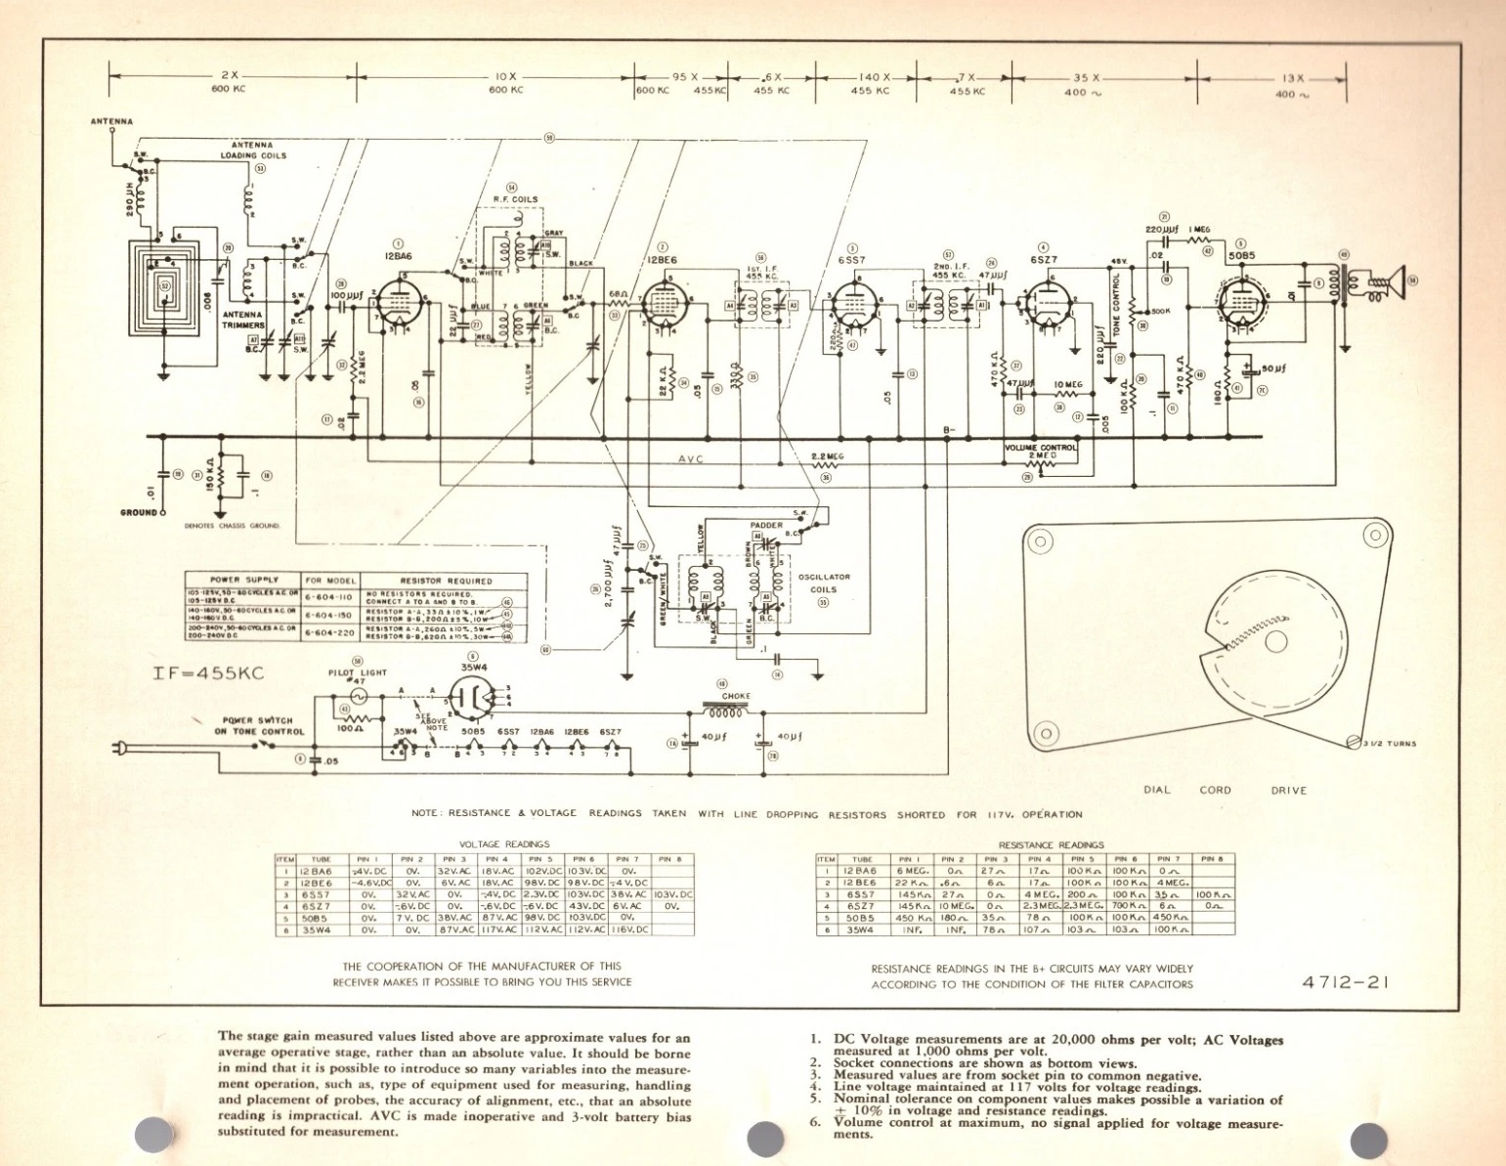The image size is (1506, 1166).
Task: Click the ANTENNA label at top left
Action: click(x=111, y=122)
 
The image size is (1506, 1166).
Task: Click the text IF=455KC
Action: click(x=208, y=673)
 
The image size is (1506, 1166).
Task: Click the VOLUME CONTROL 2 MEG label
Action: click(x=1041, y=451)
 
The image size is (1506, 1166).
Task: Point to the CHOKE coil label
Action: click(x=736, y=696)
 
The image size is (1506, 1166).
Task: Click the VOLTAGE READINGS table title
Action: click(x=504, y=843)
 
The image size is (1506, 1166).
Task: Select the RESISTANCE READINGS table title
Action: click(x=1051, y=843)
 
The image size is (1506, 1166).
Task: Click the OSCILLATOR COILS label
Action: click(x=824, y=583)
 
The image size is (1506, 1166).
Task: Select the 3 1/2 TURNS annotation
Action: click(x=1389, y=744)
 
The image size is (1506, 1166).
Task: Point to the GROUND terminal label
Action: click(x=138, y=512)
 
